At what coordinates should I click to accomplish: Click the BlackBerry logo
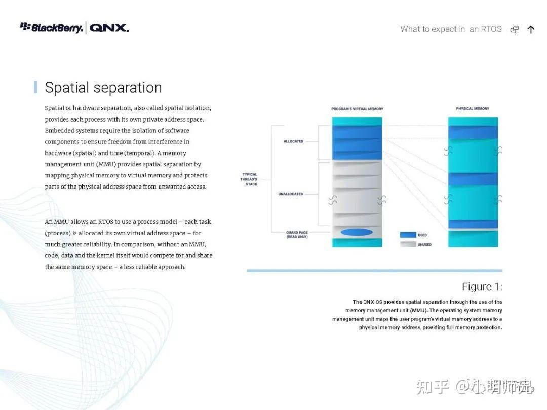pyautogui.click(x=52, y=27)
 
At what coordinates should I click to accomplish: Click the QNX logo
pyautogui.click(x=109, y=28)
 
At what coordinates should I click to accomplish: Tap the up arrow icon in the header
pyautogui.click(x=531, y=30)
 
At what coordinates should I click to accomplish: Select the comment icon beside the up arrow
pyautogui.click(x=515, y=30)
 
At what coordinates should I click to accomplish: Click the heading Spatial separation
pyautogui.click(x=103, y=87)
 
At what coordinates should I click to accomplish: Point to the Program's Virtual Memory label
pyautogui.click(x=357, y=109)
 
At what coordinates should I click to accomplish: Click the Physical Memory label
pyautogui.click(x=473, y=109)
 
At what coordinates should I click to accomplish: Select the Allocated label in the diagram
pyautogui.click(x=293, y=141)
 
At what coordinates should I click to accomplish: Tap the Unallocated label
pyautogui.click(x=291, y=194)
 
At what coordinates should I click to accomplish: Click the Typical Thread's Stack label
pyautogui.click(x=249, y=179)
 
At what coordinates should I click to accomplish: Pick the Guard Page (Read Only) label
pyautogui.click(x=297, y=235)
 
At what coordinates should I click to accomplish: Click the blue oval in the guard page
pyautogui.click(x=357, y=232)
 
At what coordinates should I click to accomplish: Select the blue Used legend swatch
pyautogui.click(x=408, y=235)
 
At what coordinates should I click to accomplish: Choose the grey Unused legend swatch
pyautogui.click(x=408, y=244)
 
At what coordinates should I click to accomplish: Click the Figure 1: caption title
pyautogui.click(x=482, y=287)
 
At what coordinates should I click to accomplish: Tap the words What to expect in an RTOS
pyautogui.click(x=451, y=29)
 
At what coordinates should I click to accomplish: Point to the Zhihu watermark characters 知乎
pyautogui.click(x=433, y=387)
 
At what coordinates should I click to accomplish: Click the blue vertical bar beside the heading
pyautogui.click(x=35, y=87)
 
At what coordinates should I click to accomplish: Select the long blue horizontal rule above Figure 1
pyautogui.click(x=375, y=271)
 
